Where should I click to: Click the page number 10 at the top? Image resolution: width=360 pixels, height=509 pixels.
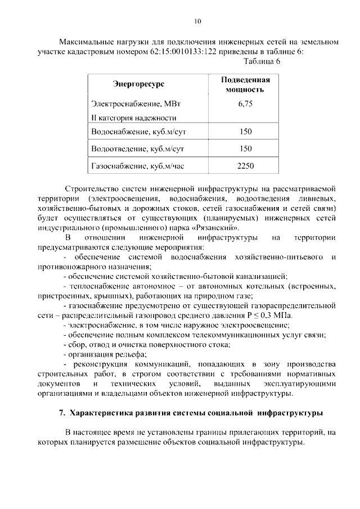pos(197,21)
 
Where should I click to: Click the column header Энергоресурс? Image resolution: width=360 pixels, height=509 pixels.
pos(138,84)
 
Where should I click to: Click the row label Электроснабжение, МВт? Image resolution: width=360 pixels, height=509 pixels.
pos(130,104)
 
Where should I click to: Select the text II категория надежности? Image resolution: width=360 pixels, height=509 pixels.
pos(133,118)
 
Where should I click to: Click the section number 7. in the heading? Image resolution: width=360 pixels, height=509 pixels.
pos(62,413)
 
